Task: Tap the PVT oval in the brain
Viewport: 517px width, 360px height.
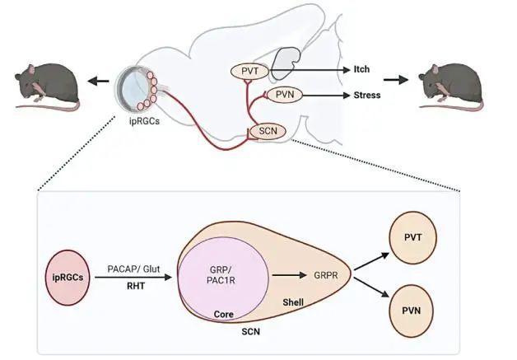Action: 250,71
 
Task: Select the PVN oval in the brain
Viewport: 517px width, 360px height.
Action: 284,95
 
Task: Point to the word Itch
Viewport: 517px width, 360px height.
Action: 361,71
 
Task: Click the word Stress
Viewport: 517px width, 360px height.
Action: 368,95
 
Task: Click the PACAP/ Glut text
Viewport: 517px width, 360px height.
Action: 134,269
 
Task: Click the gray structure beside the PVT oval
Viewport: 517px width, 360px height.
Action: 289,61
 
